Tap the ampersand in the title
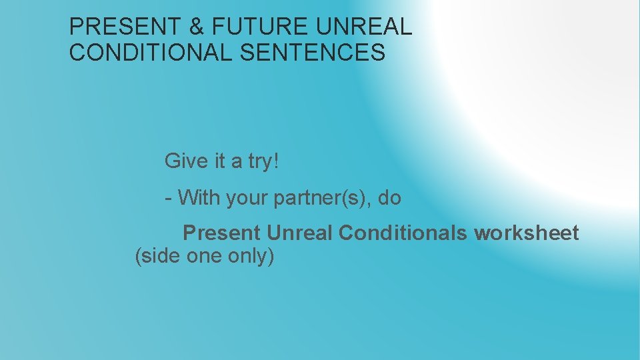pyautogui.click(x=197, y=27)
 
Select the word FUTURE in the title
pyautogui.click(x=261, y=27)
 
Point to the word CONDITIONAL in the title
pyautogui.click(x=151, y=52)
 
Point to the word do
pyautogui.click(x=389, y=197)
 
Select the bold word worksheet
pyautogui.click(x=527, y=233)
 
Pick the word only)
pyautogui.click(x=251, y=257)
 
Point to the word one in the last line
pyautogui.click(x=203, y=256)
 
